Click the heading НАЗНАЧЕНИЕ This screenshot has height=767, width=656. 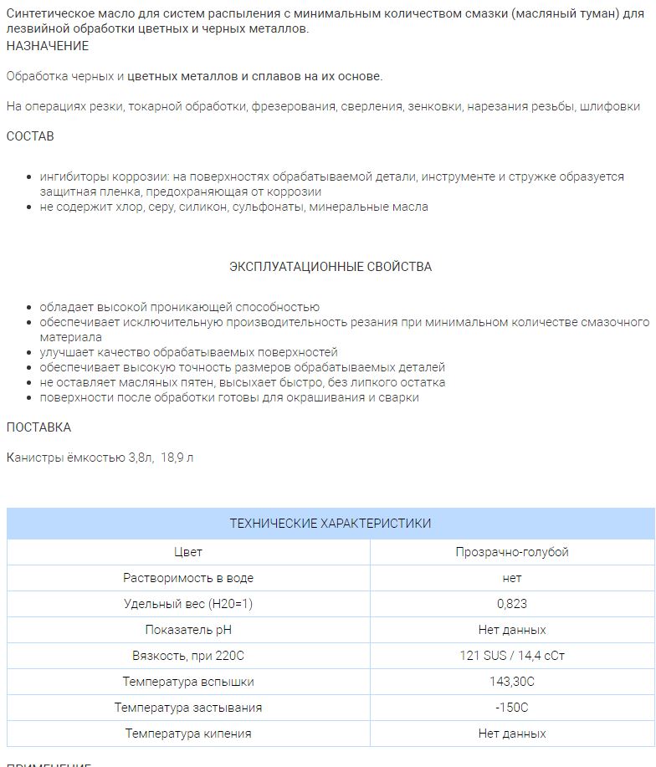[48, 45]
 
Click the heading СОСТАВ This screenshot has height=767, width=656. [30, 136]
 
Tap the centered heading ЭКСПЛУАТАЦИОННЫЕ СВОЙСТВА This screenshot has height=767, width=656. [331, 267]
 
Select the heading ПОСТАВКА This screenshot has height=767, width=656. [38, 427]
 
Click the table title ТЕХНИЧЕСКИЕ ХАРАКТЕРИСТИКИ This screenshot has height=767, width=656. [331, 524]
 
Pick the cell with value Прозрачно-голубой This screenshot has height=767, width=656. [512, 552]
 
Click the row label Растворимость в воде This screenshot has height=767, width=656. [188, 578]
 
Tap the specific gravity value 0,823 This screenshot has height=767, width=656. [512, 604]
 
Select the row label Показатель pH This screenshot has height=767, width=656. [188, 630]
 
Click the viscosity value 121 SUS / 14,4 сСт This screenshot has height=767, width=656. [512, 656]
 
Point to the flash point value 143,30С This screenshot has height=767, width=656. [512, 682]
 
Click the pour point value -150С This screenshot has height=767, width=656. [512, 708]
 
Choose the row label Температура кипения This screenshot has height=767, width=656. [188, 734]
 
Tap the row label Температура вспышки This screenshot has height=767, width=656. [188, 682]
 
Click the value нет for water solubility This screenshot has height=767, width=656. [512, 578]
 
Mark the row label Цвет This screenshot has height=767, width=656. [188, 552]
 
